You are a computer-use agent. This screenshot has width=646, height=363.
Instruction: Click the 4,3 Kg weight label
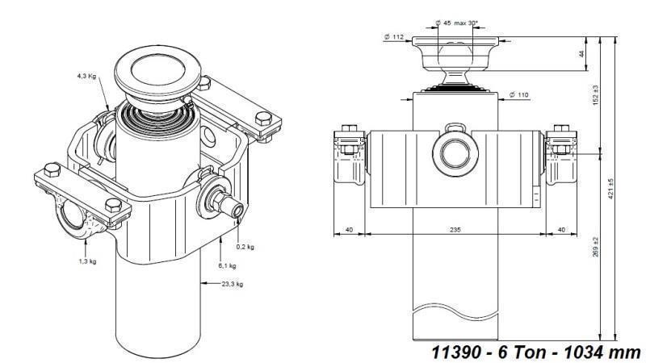point(86,76)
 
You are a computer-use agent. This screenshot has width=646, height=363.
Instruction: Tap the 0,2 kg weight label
point(245,247)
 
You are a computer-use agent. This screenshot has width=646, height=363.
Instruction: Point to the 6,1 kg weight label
point(228,265)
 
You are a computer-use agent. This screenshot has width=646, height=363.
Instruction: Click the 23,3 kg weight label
point(233,284)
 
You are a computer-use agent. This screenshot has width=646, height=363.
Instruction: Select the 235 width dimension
point(455,230)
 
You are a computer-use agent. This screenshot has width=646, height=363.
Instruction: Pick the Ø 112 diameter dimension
point(395,36)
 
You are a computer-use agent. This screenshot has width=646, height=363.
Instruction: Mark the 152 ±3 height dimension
point(597,95)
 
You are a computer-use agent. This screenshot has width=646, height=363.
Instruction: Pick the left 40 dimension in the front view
point(349,230)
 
